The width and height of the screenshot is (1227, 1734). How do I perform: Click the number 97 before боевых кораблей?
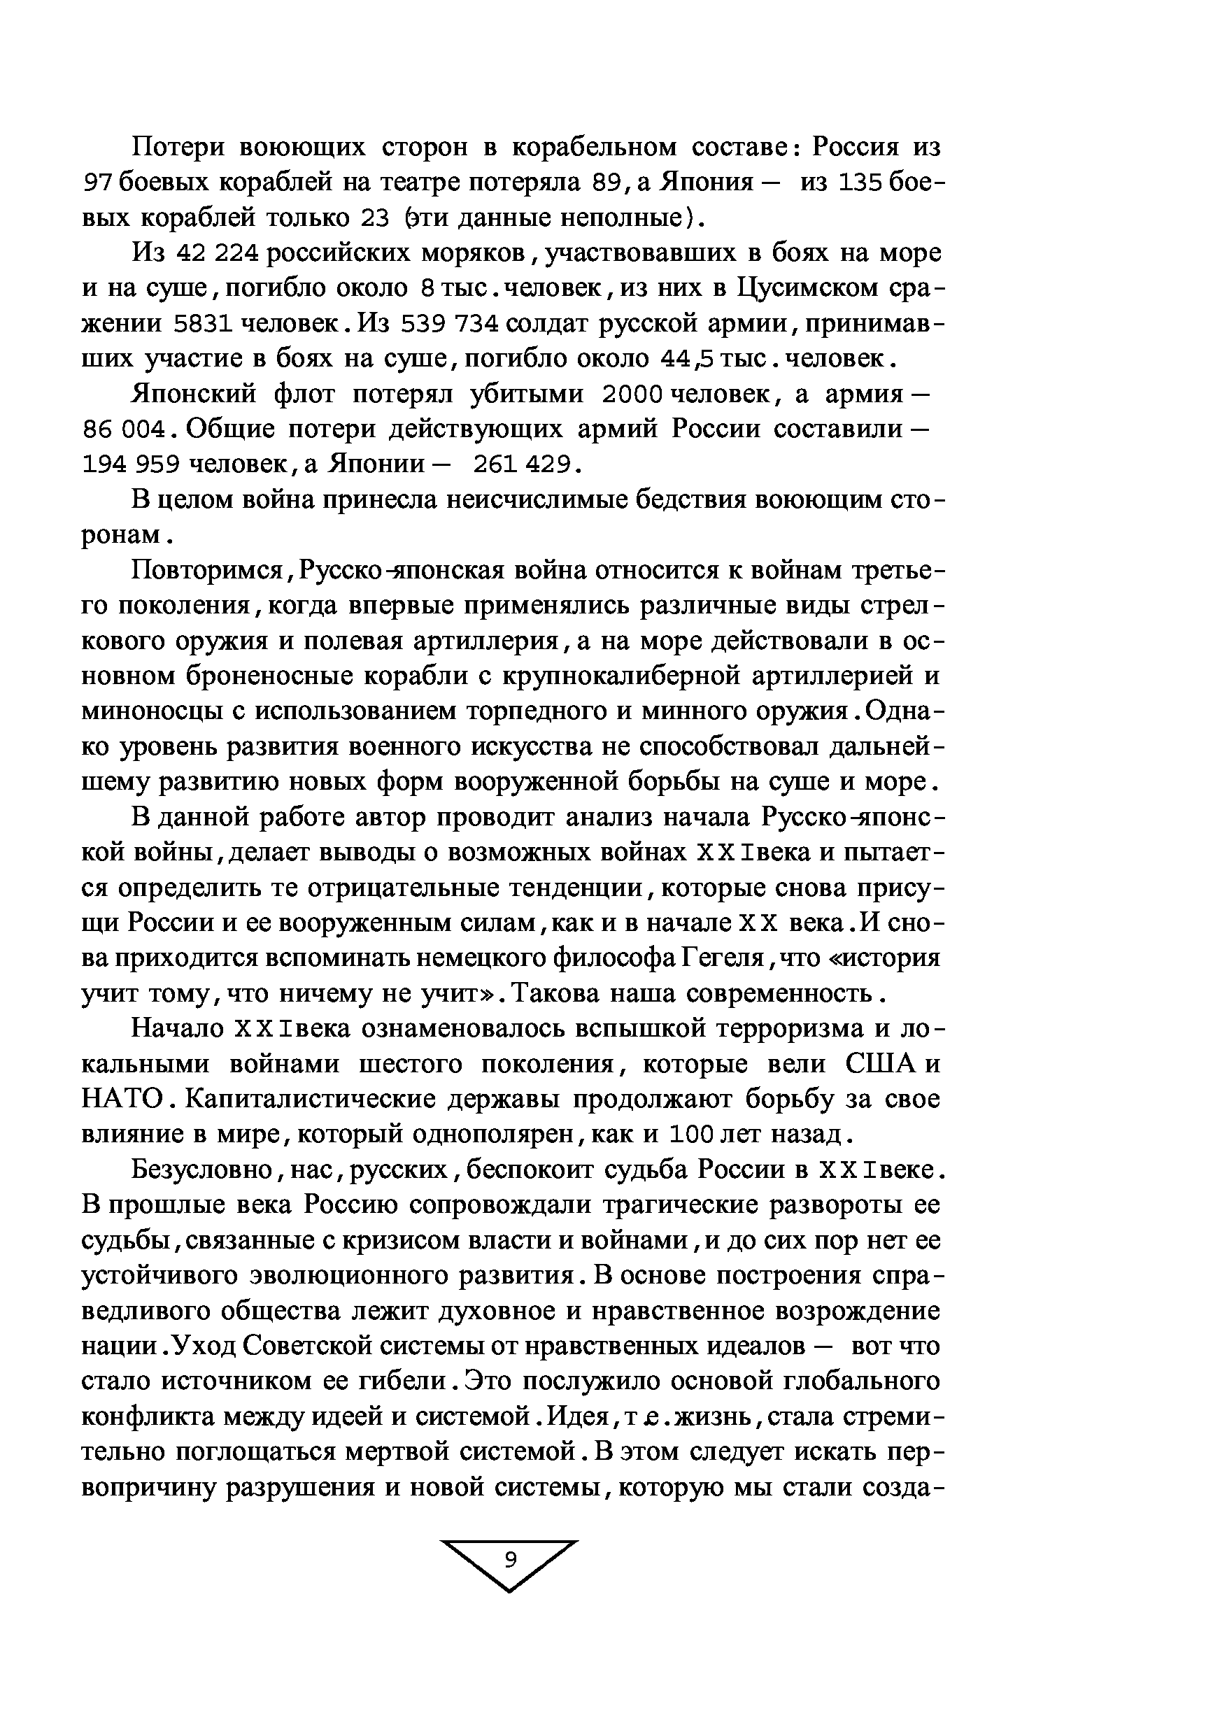pos(97,183)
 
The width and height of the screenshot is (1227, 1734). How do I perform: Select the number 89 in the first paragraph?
pos(607,183)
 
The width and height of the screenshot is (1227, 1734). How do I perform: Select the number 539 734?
pos(450,324)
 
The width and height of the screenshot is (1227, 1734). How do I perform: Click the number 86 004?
pos(123,430)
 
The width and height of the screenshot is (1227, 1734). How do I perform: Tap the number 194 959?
pos(131,464)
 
